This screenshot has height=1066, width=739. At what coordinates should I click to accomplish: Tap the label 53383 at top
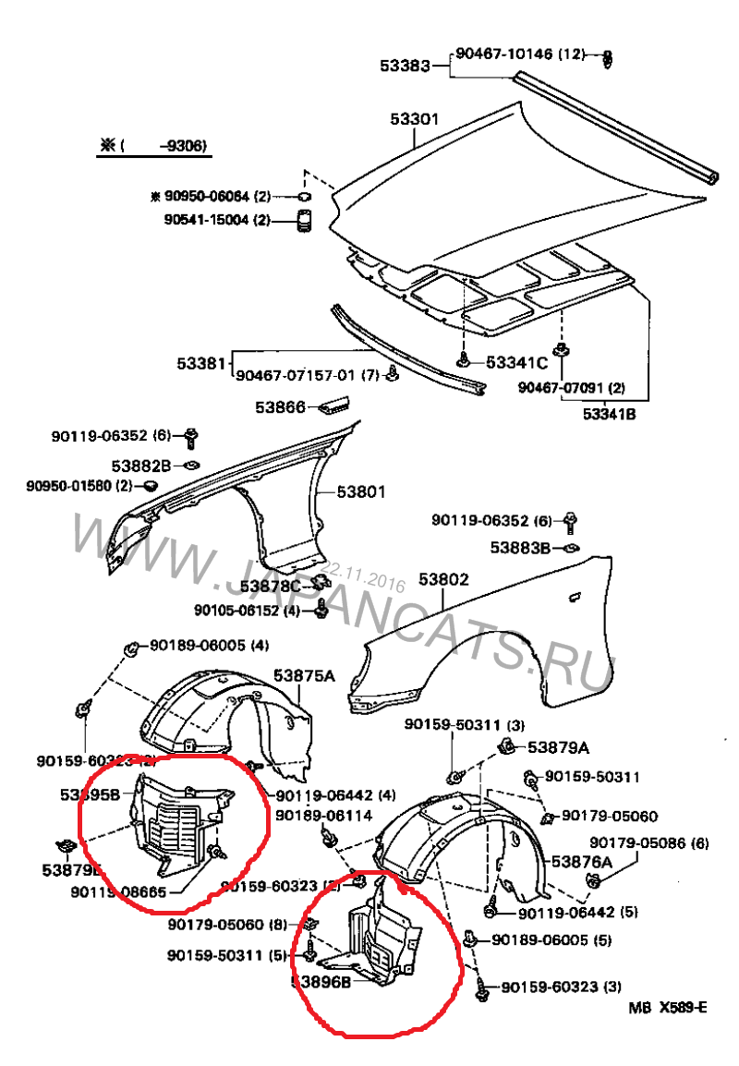click(x=405, y=66)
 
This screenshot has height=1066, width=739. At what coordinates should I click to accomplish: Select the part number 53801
click(x=360, y=491)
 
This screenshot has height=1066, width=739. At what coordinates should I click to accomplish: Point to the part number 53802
click(x=443, y=580)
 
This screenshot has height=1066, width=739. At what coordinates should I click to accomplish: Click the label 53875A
click(x=304, y=676)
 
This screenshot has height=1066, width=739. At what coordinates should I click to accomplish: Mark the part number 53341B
click(x=610, y=414)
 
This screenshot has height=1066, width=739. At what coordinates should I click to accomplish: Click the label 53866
click(x=280, y=406)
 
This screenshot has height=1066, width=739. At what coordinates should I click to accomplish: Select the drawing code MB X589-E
click(x=669, y=1007)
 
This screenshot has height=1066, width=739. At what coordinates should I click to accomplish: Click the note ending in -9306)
click(x=151, y=146)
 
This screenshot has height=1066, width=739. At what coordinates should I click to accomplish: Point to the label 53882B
click(x=141, y=465)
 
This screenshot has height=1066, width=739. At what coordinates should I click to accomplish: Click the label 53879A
click(x=558, y=746)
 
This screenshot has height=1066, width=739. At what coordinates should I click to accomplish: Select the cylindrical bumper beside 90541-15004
click(x=303, y=222)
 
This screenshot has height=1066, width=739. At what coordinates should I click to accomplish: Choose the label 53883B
click(x=520, y=548)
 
